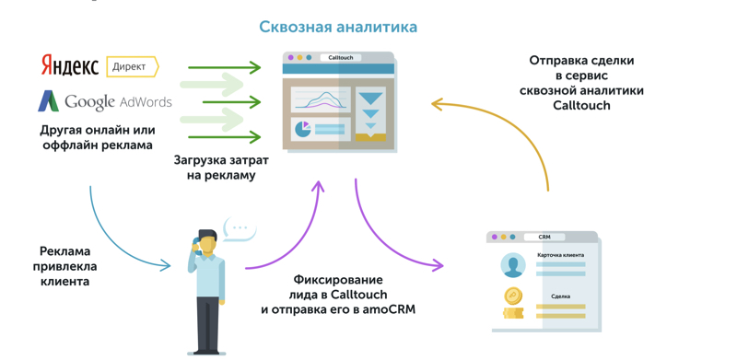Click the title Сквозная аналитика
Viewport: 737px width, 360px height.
(338, 27)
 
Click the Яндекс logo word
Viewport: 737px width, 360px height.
(70, 65)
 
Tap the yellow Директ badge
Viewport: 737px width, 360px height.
(131, 66)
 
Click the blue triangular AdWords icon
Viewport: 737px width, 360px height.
(48, 100)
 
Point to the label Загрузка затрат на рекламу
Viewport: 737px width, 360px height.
(221, 167)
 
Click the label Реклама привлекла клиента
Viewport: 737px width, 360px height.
(65, 265)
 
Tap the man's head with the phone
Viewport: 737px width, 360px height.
(207, 242)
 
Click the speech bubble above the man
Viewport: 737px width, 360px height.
(240, 227)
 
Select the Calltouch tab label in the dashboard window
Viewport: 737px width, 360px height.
(341, 58)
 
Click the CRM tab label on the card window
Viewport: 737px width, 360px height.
(544, 237)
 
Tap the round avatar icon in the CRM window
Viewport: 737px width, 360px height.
(512, 265)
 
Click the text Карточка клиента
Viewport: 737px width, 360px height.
(559, 254)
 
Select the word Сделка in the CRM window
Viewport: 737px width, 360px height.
(560, 296)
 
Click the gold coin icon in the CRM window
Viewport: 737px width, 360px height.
(513, 296)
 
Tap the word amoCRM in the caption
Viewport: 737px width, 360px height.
(389, 309)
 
